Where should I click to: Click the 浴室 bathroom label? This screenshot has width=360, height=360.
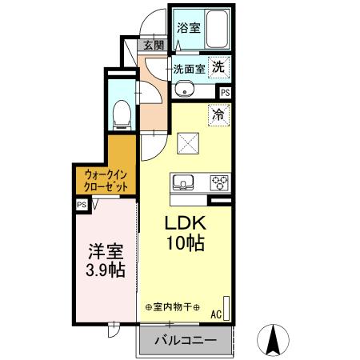[x=189, y=27]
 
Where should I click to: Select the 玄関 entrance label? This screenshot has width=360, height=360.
[x=153, y=46]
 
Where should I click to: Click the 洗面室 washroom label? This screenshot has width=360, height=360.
[x=190, y=68]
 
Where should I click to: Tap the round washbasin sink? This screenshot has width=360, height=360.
[x=182, y=89]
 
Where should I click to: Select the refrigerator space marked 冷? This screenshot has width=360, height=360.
[x=218, y=114]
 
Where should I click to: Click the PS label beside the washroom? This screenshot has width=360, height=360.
[x=226, y=93]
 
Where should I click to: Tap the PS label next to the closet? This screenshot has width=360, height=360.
[x=82, y=205]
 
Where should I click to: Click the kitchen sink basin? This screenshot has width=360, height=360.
[x=183, y=183]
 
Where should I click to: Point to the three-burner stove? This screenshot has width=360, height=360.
[x=218, y=183]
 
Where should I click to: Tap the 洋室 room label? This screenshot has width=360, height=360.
[x=106, y=250]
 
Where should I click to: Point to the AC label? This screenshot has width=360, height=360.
[x=216, y=315]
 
